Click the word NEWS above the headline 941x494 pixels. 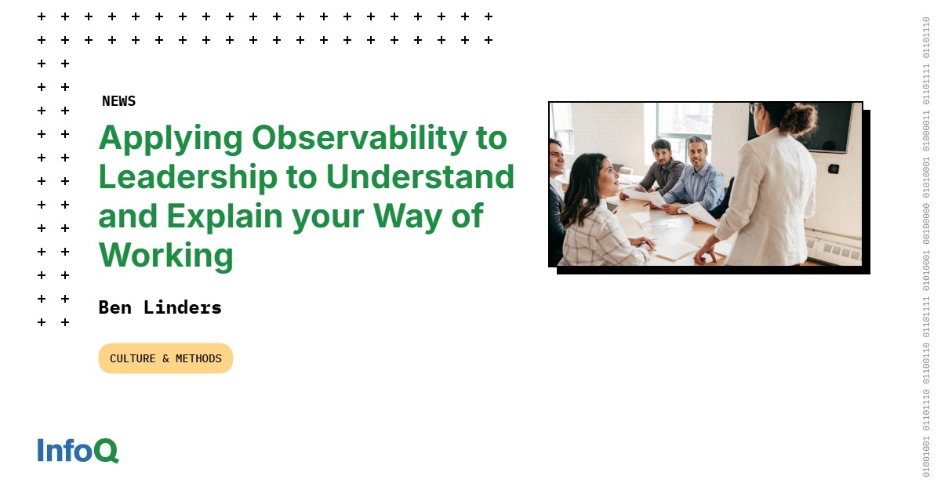[118, 101]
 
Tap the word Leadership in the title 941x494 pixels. [187, 177]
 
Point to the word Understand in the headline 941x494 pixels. [420, 177]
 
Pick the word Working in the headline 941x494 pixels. [165, 256]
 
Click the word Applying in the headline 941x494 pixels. [170, 140]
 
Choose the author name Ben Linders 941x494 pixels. [160, 307]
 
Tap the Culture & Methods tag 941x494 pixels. [165, 358]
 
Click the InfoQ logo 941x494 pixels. [78, 450]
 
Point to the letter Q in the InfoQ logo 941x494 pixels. [107, 451]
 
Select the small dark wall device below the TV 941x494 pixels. [834, 169]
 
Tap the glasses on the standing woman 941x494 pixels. [754, 109]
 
